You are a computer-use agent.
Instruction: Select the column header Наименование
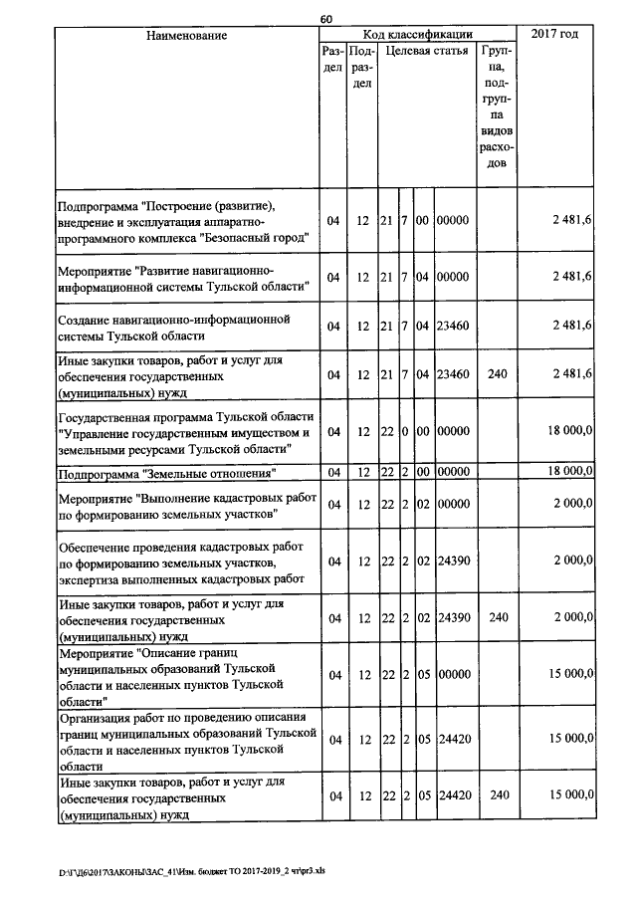coord(186,36)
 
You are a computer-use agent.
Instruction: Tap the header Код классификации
coord(417,35)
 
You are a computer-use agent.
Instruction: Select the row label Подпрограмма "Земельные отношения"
coord(166,472)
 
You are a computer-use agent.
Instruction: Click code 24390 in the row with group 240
coord(453,618)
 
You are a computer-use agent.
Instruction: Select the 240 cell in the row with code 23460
coord(499,373)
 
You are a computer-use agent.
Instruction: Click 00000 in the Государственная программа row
coord(453,431)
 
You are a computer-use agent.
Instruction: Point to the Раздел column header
coord(333,58)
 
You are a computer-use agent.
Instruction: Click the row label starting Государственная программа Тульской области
coord(186,431)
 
